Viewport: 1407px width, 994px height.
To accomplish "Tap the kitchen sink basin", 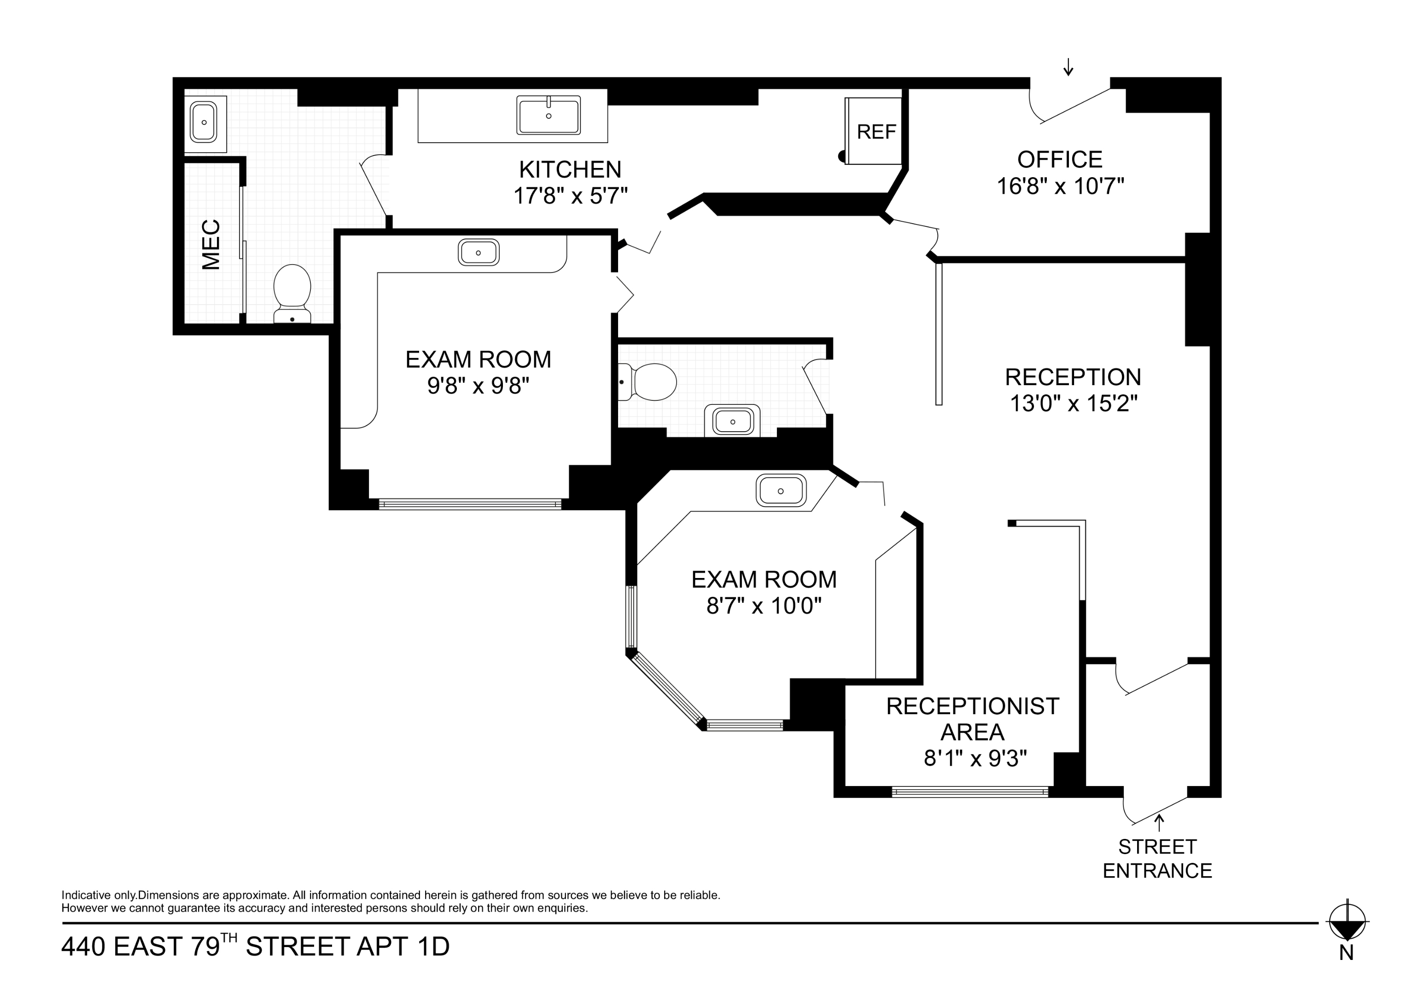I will tap(548, 116).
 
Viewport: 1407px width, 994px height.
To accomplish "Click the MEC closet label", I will tap(211, 244).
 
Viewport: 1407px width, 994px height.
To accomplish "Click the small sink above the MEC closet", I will tap(204, 122).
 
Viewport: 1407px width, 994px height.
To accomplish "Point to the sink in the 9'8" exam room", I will tap(478, 252).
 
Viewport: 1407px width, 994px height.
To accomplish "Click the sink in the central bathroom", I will tap(732, 422).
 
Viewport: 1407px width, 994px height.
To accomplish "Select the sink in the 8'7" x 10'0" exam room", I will tap(780, 491).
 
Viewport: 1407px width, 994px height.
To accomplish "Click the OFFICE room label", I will tap(1060, 159).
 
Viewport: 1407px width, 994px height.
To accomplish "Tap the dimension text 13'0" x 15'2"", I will tap(1073, 404).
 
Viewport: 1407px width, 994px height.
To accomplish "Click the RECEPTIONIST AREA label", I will tap(973, 719).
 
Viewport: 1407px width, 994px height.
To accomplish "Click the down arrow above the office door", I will tap(1068, 67).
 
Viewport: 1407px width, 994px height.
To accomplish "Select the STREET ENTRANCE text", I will tap(1157, 859).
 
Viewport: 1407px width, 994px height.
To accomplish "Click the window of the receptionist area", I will tap(970, 792).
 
